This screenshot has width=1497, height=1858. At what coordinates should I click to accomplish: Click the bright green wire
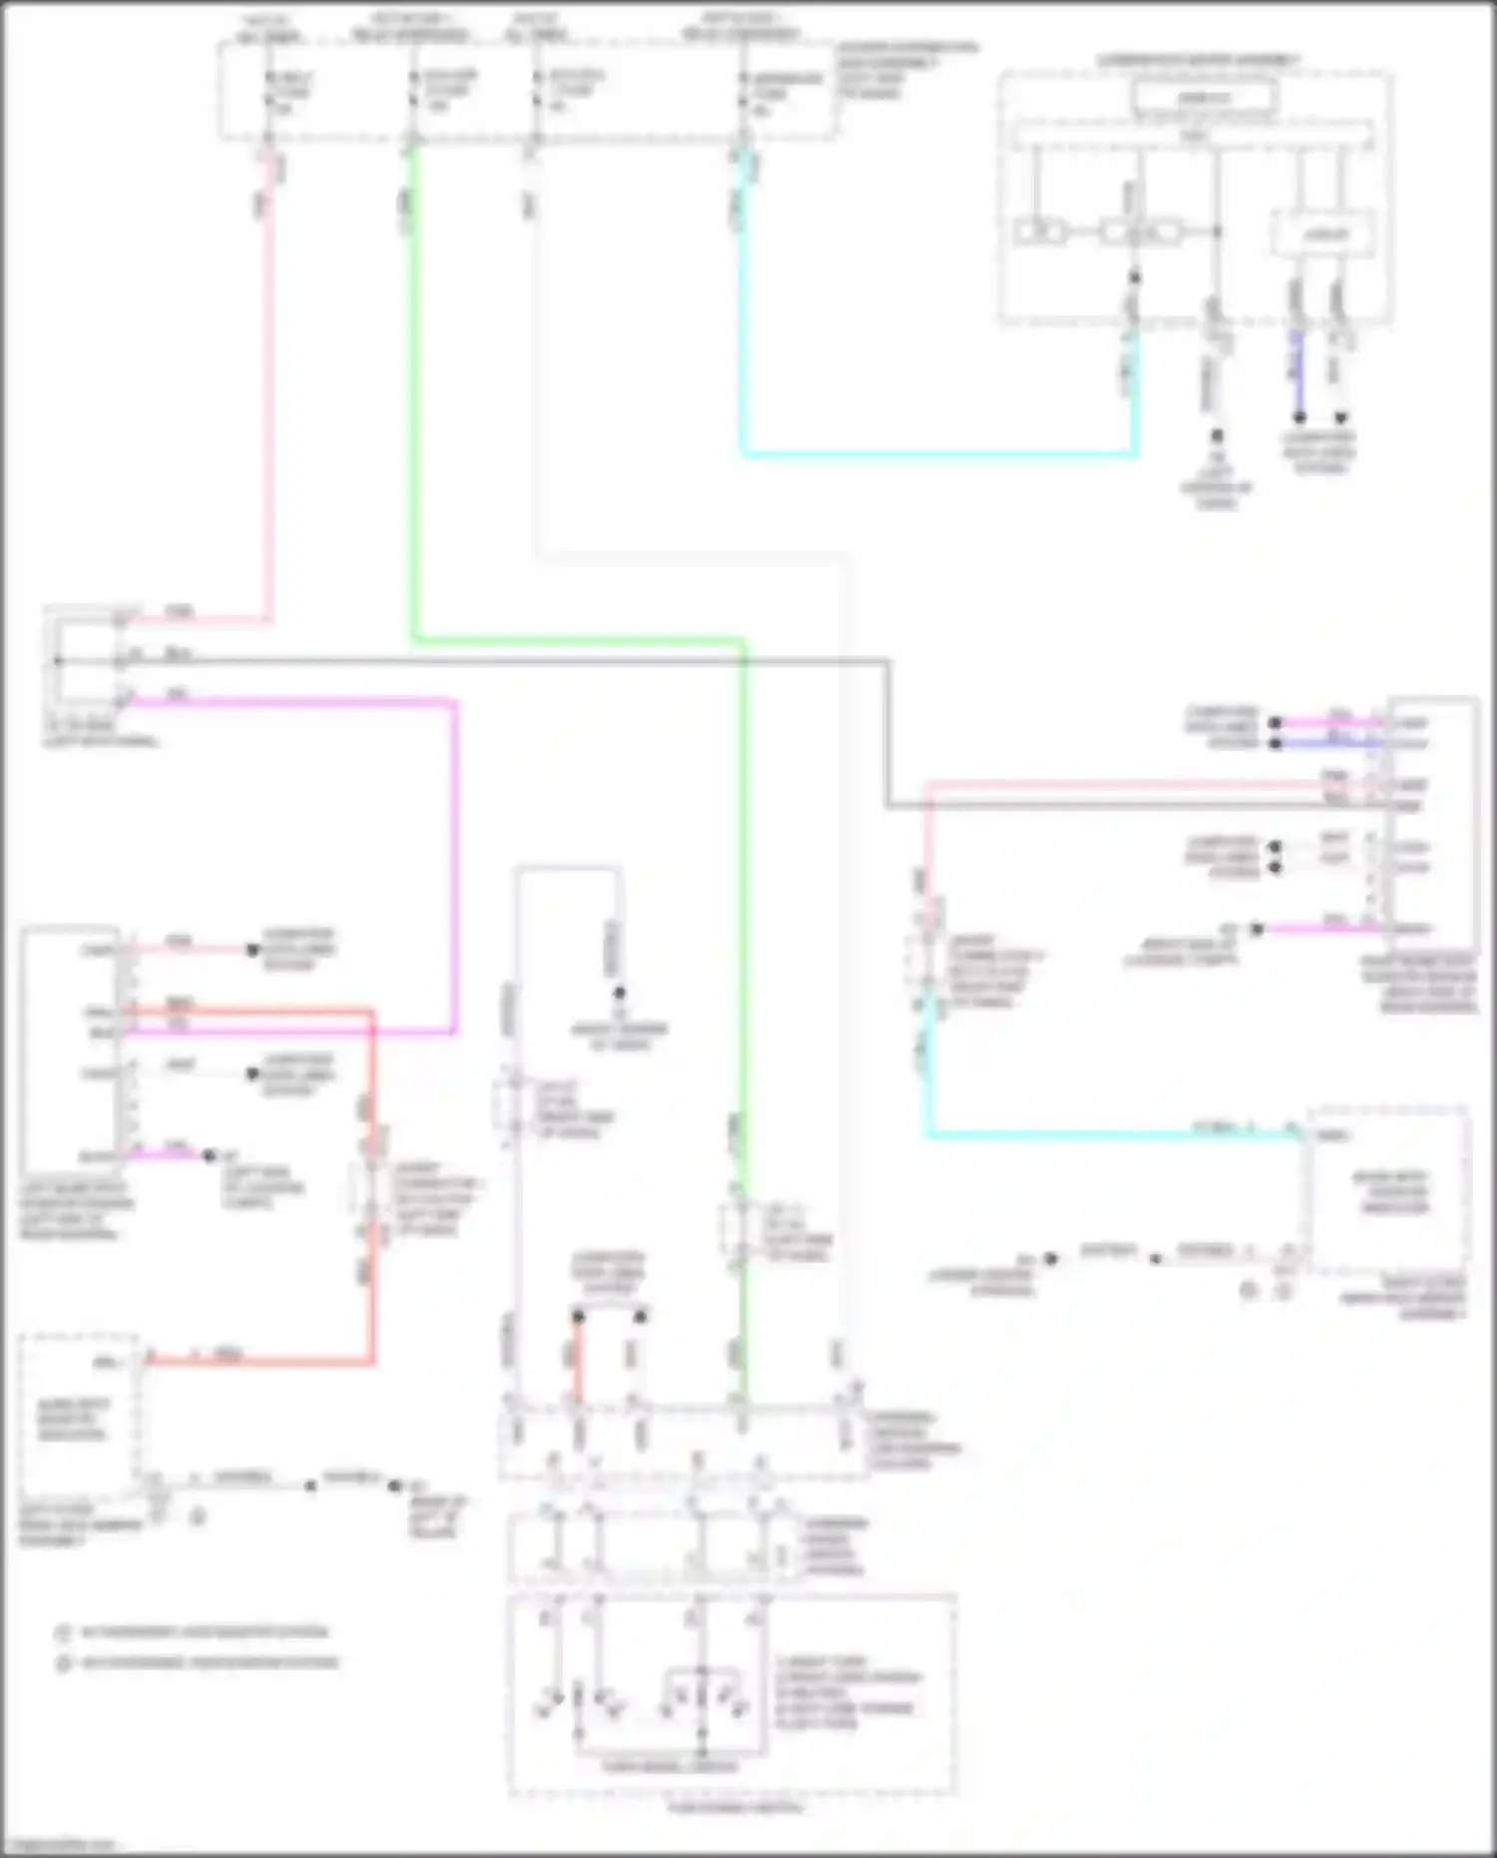413,399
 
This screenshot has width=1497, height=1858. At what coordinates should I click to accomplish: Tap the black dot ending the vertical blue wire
1298,417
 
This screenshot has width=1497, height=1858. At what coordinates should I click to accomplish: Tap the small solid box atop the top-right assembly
1204,98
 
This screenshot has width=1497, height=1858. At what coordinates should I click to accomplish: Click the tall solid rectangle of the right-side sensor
1431,814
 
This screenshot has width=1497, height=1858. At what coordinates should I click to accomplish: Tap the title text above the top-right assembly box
1198,61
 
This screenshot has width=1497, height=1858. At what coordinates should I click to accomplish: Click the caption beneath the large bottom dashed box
735,1807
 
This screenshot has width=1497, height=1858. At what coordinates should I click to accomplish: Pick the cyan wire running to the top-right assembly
938,454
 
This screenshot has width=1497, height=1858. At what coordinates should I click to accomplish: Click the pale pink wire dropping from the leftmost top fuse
267,399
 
